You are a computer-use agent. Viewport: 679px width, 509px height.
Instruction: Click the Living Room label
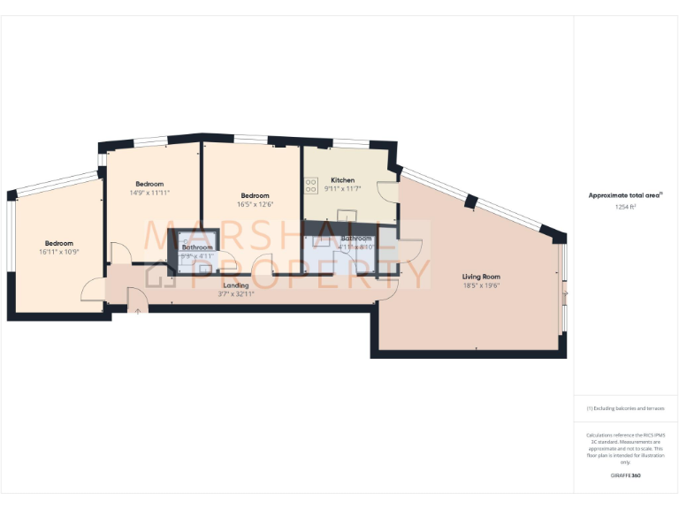[x=481, y=277]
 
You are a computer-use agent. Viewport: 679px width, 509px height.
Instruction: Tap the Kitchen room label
[x=343, y=179]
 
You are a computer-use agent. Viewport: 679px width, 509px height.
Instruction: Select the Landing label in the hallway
[x=236, y=285]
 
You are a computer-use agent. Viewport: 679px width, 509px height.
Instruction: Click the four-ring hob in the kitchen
[x=311, y=186]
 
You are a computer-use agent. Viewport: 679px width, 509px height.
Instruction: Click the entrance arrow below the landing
[x=137, y=308]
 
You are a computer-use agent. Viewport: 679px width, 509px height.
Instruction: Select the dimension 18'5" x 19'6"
[x=481, y=285]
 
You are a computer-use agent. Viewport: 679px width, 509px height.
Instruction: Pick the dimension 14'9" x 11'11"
[x=149, y=192]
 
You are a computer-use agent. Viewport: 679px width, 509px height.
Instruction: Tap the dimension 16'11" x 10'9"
[x=59, y=252]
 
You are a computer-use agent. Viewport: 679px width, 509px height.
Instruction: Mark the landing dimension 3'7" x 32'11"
[x=236, y=294]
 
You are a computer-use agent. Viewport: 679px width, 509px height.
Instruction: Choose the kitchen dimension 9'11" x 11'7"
[x=343, y=187]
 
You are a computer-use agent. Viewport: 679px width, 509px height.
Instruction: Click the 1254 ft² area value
[x=626, y=206]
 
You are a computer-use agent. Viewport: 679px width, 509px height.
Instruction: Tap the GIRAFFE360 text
[x=626, y=475]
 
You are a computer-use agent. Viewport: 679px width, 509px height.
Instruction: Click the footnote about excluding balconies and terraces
[x=626, y=408]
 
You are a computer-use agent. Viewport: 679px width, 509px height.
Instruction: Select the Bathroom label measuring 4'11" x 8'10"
[x=357, y=239]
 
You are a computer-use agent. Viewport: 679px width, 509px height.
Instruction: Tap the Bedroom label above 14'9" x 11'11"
[x=149, y=183]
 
